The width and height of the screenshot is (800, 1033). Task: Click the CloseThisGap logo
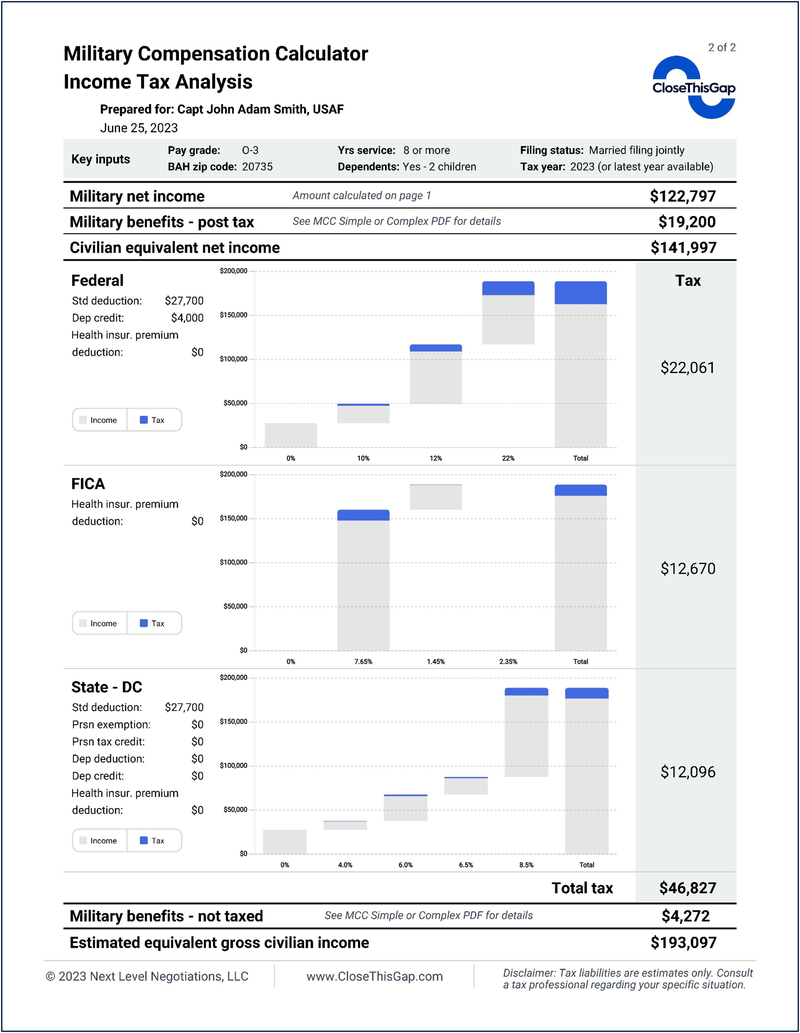tap(693, 87)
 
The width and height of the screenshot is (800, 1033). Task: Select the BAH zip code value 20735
tap(257, 167)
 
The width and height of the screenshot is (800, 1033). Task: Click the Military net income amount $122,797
tap(682, 196)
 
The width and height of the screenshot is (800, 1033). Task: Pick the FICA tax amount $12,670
tap(687, 568)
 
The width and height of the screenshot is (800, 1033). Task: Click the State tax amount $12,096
tap(687, 772)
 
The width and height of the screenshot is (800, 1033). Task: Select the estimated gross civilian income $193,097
tap(683, 943)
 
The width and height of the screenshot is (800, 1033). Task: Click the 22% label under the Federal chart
tap(508, 458)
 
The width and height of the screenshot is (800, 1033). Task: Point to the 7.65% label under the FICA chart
tap(363, 662)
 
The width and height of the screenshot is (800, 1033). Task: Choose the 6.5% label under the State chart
tap(466, 865)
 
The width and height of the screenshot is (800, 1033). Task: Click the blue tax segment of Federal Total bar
tap(580, 293)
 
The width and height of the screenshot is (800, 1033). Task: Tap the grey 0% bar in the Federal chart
tap(291, 435)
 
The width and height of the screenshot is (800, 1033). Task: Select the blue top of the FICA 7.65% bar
tap(363, 515)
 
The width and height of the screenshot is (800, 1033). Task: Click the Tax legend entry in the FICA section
tap(153, 623)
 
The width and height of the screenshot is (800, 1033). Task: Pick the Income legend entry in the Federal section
tap(99, 420)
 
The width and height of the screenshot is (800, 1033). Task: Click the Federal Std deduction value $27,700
tap(184, 301)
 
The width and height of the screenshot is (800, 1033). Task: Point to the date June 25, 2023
tap(139, 128)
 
